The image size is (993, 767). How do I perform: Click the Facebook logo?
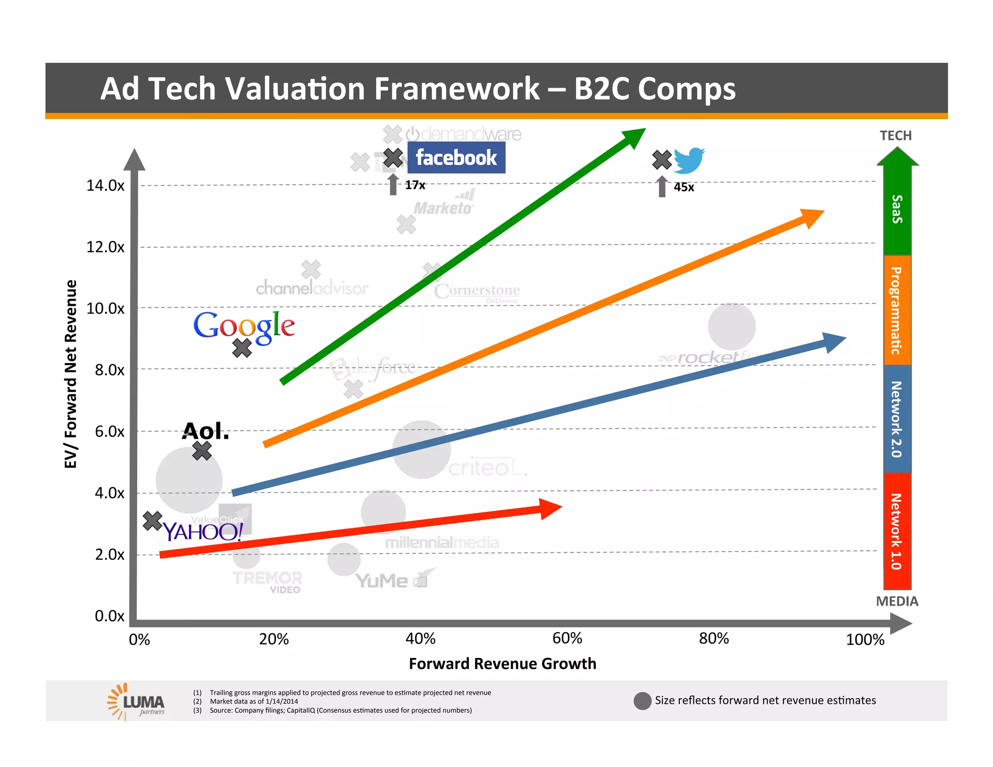456,158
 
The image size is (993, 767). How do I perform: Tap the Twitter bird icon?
689,160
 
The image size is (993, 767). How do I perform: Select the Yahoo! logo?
203,532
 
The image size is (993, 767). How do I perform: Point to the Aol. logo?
206,431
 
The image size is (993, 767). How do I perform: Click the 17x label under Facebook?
415,185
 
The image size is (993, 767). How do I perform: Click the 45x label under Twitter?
684,187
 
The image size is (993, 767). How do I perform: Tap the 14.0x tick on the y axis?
105,185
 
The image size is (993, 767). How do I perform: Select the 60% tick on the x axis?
567,639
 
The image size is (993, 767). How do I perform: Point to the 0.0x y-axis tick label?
110,616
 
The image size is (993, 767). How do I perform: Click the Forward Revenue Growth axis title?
502,663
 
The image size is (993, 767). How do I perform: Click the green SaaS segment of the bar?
897,209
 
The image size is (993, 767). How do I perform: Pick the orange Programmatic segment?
897,310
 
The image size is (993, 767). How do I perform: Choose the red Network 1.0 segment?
897,531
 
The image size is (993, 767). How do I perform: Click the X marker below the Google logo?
241,348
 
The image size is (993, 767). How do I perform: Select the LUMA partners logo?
137,702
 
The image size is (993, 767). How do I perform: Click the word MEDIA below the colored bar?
897,601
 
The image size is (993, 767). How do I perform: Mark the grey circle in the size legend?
642,701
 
